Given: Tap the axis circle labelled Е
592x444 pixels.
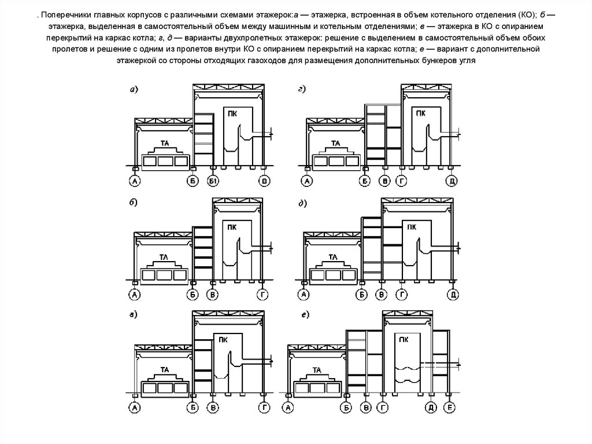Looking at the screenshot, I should click(x=450, y=409).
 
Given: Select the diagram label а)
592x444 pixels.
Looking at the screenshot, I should click(x=134, y=89).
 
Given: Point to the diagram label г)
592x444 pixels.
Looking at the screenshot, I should click(x=302, y=89).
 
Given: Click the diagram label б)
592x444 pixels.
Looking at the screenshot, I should click(x=134, y=203).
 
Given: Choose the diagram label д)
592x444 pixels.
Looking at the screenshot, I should click(x=302, y=203).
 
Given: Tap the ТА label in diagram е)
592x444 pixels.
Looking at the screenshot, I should click(x=316, y=369).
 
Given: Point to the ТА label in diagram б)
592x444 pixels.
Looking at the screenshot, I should click(x=164, y=256).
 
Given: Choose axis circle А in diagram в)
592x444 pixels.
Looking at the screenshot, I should click(x=135, y=409).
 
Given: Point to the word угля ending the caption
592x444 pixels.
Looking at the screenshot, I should click(x=465, y=60).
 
